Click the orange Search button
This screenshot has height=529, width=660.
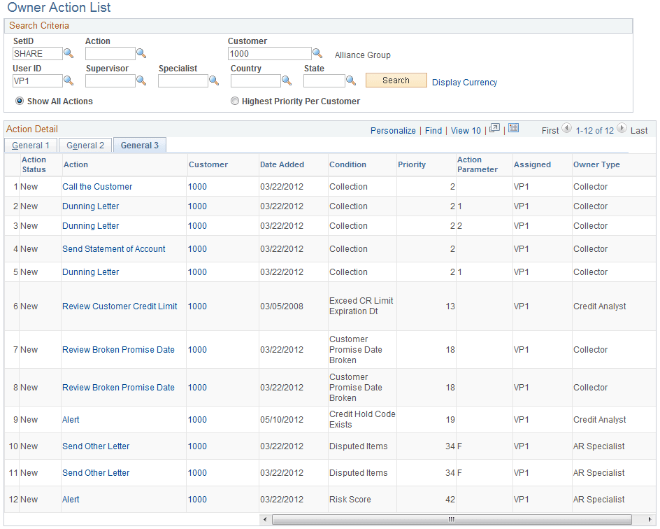(x=396, y=80)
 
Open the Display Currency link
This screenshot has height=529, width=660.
(x=464, y=82)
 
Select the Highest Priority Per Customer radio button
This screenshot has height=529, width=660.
(x=235, y=101)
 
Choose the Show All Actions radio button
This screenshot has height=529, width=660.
(x=20, y=101)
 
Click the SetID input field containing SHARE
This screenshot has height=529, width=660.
(x=37, y=54)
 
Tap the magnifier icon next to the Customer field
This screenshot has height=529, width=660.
(x=317, y=53)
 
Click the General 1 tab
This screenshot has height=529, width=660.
(x=31, y=146)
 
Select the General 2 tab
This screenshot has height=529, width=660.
(x=85, y=146)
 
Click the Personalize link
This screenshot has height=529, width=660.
(x=393, y=130)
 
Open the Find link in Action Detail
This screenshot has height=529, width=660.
(x=433, y=130)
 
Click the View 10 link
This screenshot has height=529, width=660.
(x=466, y=130)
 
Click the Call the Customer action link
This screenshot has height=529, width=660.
(x=97, y=187)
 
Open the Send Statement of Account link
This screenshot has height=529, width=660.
(x=114, y=249)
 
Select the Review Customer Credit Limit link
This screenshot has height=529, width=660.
(x=120, y=306)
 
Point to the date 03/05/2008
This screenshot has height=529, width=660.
(x=282, y=306)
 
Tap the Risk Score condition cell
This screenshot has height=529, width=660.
(x=350, y=500)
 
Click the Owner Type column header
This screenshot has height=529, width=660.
(x=596, y=164)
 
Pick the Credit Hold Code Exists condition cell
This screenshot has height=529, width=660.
(x=362, y=419)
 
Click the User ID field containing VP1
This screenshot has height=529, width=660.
(x=37, y=81)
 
